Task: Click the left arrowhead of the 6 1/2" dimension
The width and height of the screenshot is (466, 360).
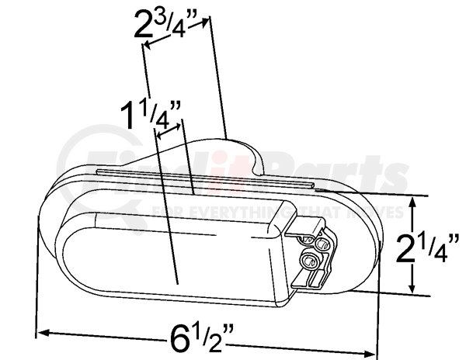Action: click(x=43, y=332)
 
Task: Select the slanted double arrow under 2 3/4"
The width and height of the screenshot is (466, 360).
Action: click(x=176, y=33)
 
